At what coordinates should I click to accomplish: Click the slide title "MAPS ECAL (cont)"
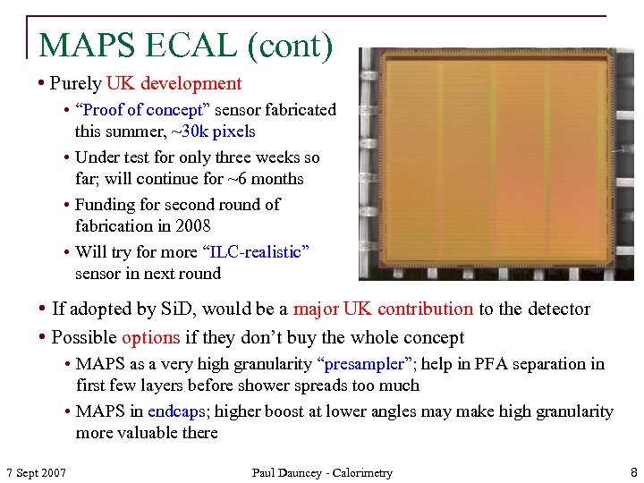[186, 45]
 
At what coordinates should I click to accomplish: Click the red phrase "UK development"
[174, 84]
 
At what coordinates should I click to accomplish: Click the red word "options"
[151, 338]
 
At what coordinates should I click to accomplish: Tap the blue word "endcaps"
[176, 411]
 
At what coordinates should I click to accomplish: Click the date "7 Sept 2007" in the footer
[36, 472]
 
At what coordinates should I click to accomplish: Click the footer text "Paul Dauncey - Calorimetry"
[322, 472]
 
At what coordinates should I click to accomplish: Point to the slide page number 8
[633, 472]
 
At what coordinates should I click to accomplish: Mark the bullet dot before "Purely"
[42, 84]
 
